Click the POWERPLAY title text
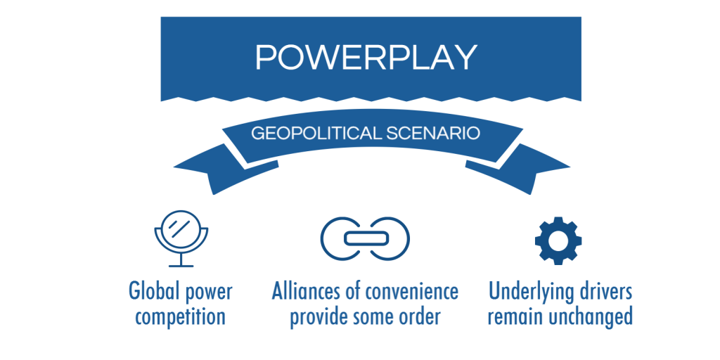(366, 58)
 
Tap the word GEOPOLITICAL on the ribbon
(316, 134)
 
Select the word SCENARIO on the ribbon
(432, 134)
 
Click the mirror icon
(181, 238)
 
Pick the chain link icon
(365, 238)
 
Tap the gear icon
(558, 240)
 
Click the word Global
(153, 291)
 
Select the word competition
(181, 318)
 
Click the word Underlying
(527, 292)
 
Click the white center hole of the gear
(558, 241)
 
